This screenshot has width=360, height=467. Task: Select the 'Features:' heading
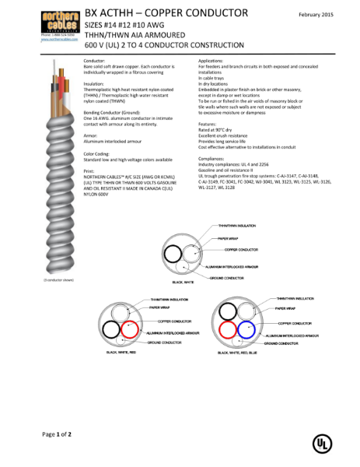(207, 124)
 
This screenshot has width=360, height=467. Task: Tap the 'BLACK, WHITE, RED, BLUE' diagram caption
(242, 353)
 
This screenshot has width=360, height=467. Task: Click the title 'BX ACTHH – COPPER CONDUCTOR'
(166, 12)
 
